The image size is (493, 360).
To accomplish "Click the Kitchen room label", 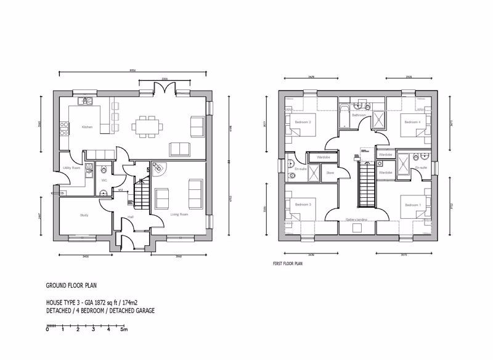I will pyautogui.click(x=86, y=127).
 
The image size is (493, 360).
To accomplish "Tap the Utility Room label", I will pyautogui.click(x=71, y=168).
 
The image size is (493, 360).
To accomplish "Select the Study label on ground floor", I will pyautogui.click(x=84, y=215).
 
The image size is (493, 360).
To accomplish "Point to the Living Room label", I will pyautogui.click(x=179, y=215).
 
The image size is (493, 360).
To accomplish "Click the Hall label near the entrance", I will pyautogui.click(x=131, y=216).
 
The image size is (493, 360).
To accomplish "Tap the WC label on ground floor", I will pyautogui.click(x=104, y=180).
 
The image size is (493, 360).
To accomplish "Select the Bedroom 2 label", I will pyautogui.click(x=301, y=123).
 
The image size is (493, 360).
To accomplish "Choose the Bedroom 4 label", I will pyautogui.click(x=412, y=123).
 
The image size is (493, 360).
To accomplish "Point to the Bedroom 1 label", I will pyautogui.click(x=412, y=204).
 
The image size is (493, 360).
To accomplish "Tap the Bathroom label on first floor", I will pyautogui.click(x=359, y=115).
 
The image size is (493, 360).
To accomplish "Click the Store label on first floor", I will pyautogui.click(x=330, y=173).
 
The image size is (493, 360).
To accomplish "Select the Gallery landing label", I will pyautogui.click(x=357, y=219).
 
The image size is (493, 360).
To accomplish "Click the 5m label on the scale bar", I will pyautogui.click(x=123, y=330).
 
